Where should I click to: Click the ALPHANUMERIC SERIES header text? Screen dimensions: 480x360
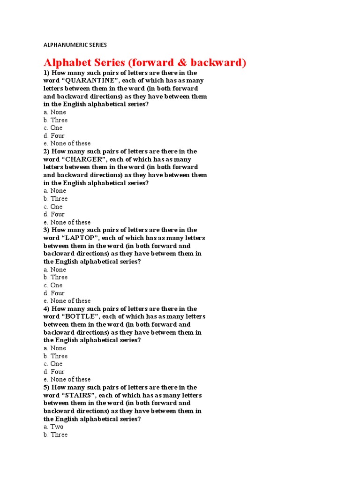(75, 45)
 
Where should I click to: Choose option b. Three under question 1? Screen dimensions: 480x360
(55, 120)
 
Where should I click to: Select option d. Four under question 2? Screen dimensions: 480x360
(54, 214)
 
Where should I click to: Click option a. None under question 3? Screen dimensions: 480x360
(55, 270)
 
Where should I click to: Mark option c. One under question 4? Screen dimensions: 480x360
(53, 364)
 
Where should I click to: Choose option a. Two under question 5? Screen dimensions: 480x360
(53, 427)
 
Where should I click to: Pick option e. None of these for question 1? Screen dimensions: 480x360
(67, 143)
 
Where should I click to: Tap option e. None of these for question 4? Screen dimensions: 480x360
(67, 379)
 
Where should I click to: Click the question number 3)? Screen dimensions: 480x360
(46, 230)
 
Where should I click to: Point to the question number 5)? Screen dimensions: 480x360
(46, 387)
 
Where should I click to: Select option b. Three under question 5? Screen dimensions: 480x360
(55, 435)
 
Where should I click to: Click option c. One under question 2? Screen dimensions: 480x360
(53, 207)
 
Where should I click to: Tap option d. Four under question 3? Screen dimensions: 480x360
(54, 293)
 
